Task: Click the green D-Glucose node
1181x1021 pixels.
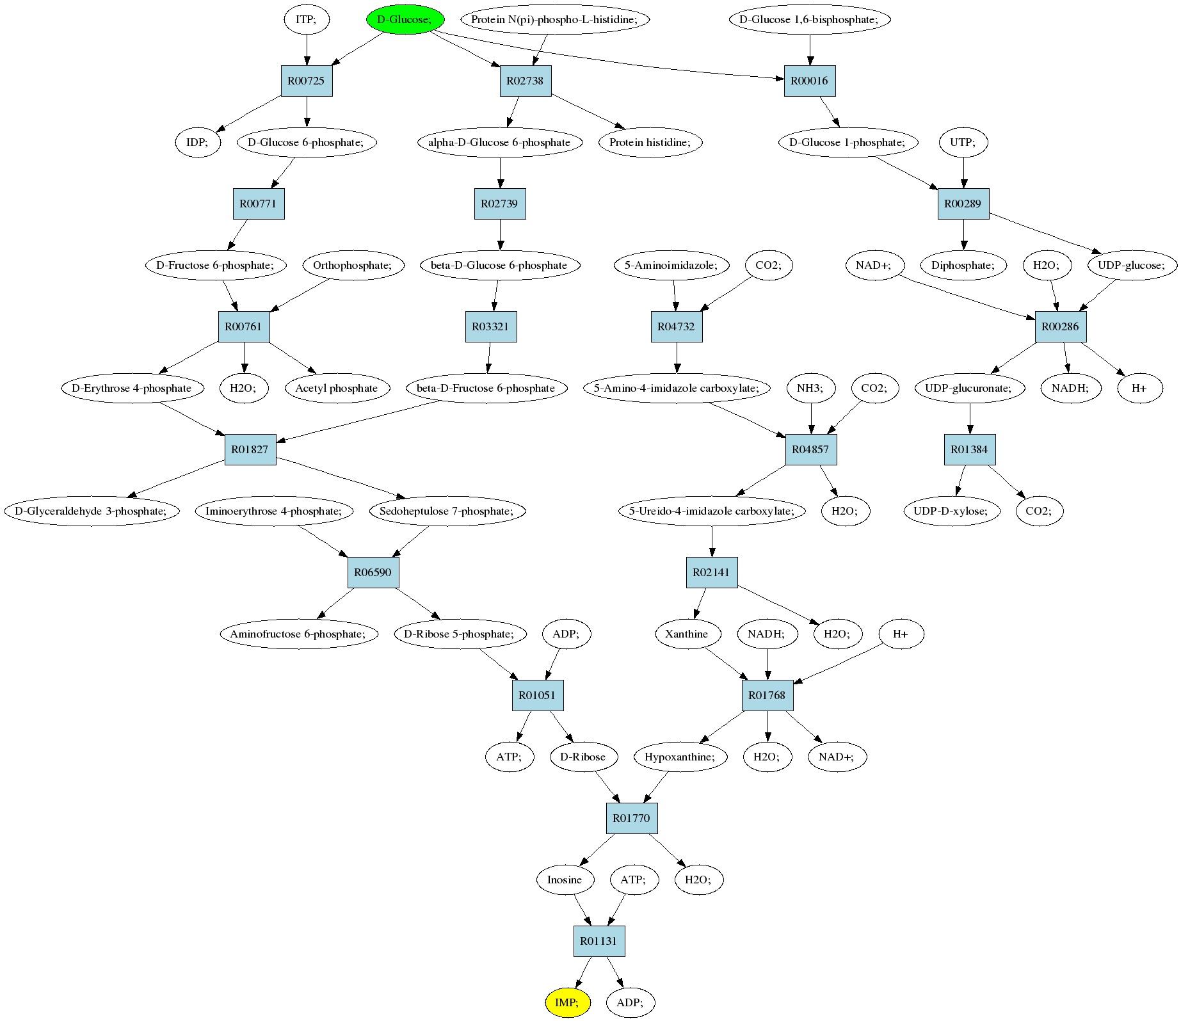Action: point(405,19)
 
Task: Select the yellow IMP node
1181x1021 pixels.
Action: point(567,1002)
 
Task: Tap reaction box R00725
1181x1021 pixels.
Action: point(307,81)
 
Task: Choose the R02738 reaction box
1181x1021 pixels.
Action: point(526,81)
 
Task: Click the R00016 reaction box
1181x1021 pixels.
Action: point(810,81)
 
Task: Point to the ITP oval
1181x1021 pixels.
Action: point(307,19)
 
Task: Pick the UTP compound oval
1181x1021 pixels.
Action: point(963,142)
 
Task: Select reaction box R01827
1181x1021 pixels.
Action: point(250,449)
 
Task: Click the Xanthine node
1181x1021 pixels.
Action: point(687,634)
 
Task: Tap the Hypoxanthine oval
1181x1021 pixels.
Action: point(681,757)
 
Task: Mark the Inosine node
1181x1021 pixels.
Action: point(565,880)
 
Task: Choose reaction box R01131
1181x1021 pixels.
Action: point(599,941)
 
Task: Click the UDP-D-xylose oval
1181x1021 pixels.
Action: point(952,511)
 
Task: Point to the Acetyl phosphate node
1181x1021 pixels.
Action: point(337,388)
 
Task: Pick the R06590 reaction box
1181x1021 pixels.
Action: point(373,572)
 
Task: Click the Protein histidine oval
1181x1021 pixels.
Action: point(650,142)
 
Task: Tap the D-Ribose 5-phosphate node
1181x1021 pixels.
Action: point(460,634)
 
